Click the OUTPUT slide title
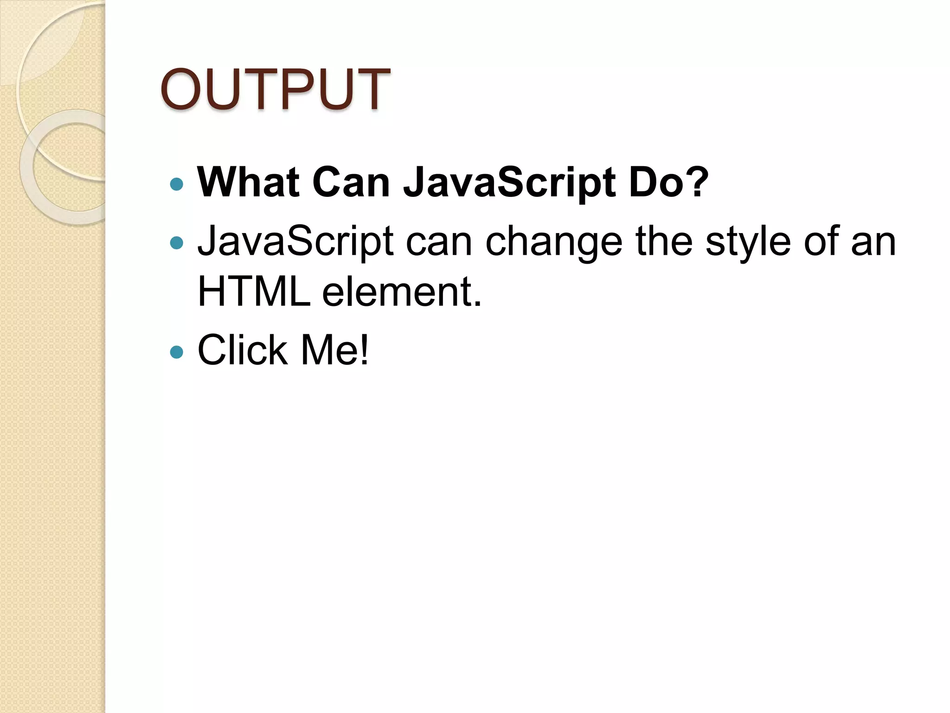pos(275,90)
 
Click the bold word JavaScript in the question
pos(509,183)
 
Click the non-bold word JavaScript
pos(295,241)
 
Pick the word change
pos(553,242)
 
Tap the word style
pos(748,242)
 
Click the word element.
pos(402,292)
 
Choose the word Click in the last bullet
pos(242,350)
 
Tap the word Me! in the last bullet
pos(335,350)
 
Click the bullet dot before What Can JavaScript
pos(177,185)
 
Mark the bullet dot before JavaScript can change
pos(177,243)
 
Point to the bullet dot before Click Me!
pos(177,352)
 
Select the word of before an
pos(821,241)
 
